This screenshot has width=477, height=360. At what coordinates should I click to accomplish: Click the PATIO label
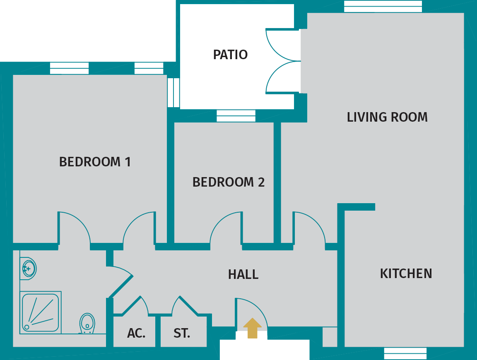tap(230, 55)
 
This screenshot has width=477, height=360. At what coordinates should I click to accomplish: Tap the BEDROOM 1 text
tap(95, 162)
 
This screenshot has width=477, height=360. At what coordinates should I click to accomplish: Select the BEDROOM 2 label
tap(228, 182)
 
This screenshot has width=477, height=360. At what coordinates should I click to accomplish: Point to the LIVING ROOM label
tap(387, 117)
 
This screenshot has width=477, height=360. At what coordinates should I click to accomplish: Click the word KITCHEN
tap(406, 274)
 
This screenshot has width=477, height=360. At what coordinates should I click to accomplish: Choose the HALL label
tap(243, 274)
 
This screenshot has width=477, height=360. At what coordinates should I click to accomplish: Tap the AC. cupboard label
tap(136, 333)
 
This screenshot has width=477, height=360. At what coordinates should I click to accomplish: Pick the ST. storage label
tap(182, 333)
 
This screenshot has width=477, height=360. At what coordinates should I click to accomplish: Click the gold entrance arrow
tap(252, 328)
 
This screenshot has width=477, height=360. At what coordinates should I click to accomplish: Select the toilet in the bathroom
tap(87, 323)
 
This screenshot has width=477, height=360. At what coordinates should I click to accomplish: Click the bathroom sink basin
tap(28, 269)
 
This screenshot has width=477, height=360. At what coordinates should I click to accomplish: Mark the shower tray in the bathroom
tap(40, 312)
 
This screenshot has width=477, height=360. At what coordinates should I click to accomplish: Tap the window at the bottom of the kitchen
tap(405, 353)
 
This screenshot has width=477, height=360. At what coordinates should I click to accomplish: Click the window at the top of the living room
tap(383, 6)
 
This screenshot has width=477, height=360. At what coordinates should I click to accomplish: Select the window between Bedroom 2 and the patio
tap(236, 115)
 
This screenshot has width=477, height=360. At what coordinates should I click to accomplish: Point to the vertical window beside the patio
tap(173, 92)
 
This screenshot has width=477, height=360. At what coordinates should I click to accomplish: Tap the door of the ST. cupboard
tap(188, 306)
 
